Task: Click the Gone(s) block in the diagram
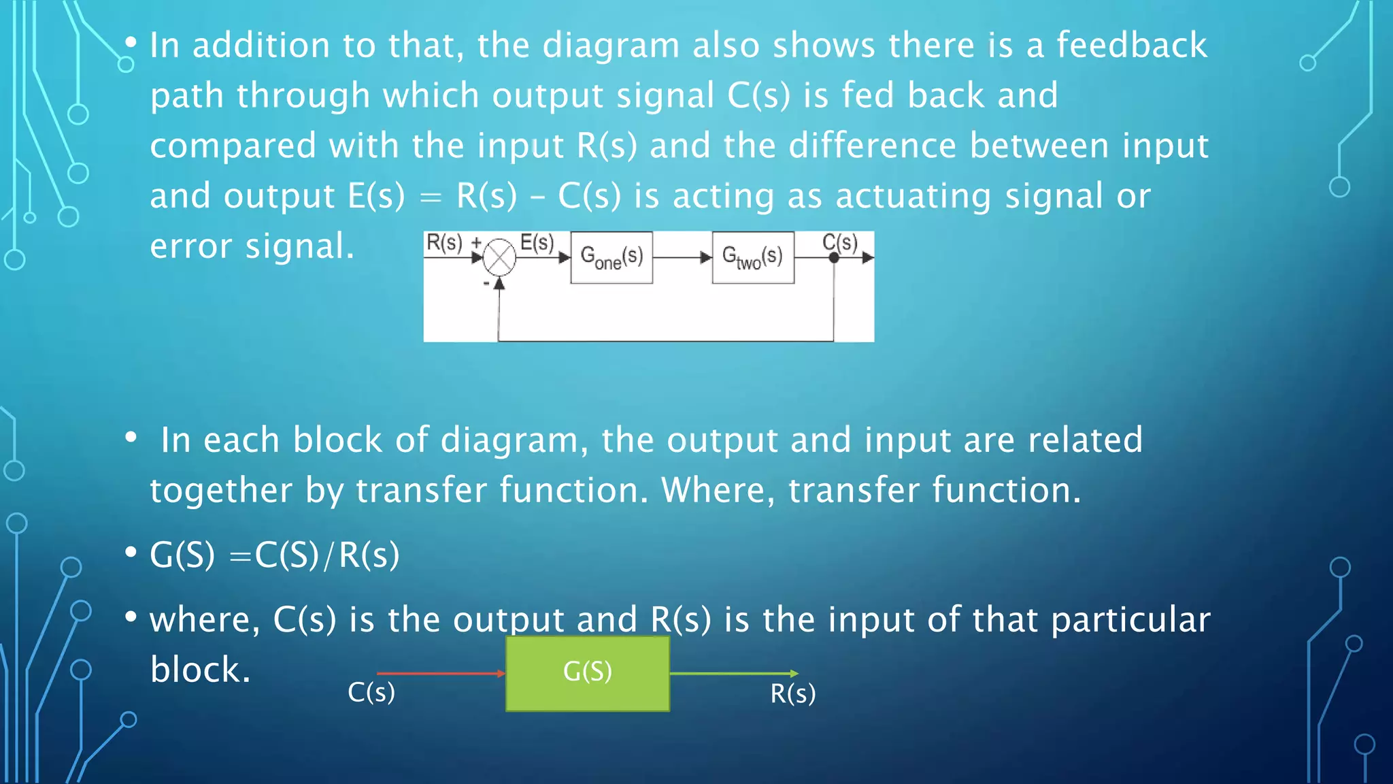point(611,257)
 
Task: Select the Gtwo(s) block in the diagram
point(753,257)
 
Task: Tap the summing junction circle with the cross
point(500,258)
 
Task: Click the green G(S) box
point(588,673)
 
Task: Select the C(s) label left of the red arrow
point(371,692)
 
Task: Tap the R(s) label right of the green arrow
point(793,693)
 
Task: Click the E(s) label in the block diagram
point(537,243)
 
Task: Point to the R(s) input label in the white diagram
point(444,242)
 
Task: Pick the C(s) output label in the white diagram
point(839,242)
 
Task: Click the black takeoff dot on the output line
point(834,258)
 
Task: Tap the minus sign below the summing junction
point(486,282)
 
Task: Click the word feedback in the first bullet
point(1132,46)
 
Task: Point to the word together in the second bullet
point(220,491)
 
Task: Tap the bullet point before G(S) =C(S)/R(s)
point(131,553)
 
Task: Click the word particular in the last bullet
point(1130,620)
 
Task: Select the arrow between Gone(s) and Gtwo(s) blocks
point(682,258)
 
